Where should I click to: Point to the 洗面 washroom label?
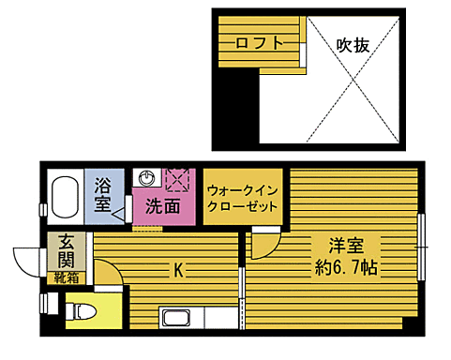162,205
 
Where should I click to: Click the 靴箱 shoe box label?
66,277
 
